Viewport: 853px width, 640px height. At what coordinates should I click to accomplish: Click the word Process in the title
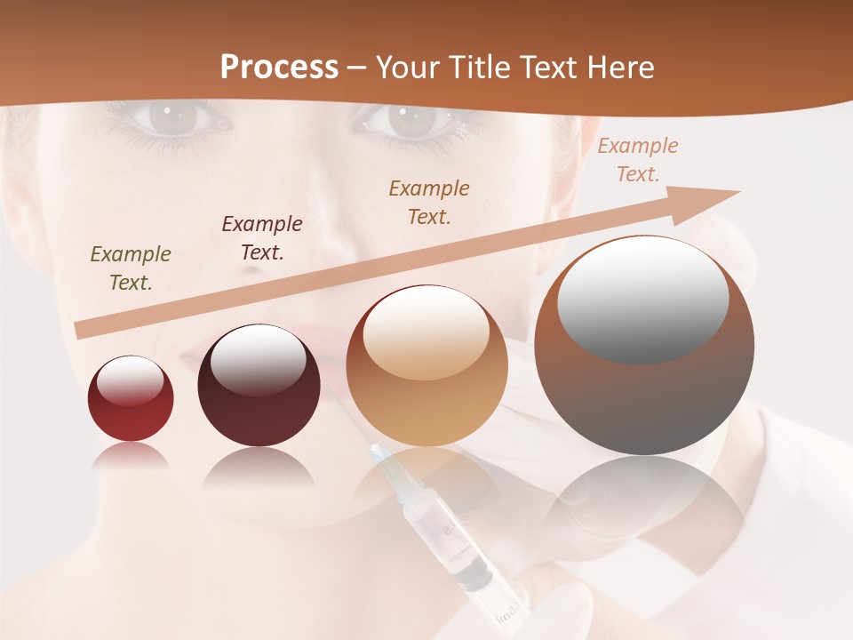(279, 68)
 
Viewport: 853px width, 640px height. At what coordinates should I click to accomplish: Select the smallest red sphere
(131, 398)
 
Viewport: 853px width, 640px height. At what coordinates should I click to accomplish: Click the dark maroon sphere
(259, 386)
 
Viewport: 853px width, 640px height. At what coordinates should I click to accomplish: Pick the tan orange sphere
(426, 366)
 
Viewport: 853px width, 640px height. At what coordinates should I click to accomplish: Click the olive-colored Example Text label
(130, 268)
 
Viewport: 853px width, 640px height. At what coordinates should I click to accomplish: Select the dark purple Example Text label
(261, 237)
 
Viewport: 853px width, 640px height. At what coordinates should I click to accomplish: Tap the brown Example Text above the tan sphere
(429, 202)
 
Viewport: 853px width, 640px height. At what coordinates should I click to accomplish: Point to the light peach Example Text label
(637, 159)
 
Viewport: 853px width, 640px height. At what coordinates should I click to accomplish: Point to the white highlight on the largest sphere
(642, 299)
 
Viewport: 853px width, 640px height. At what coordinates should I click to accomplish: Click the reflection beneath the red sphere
(131, 457)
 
